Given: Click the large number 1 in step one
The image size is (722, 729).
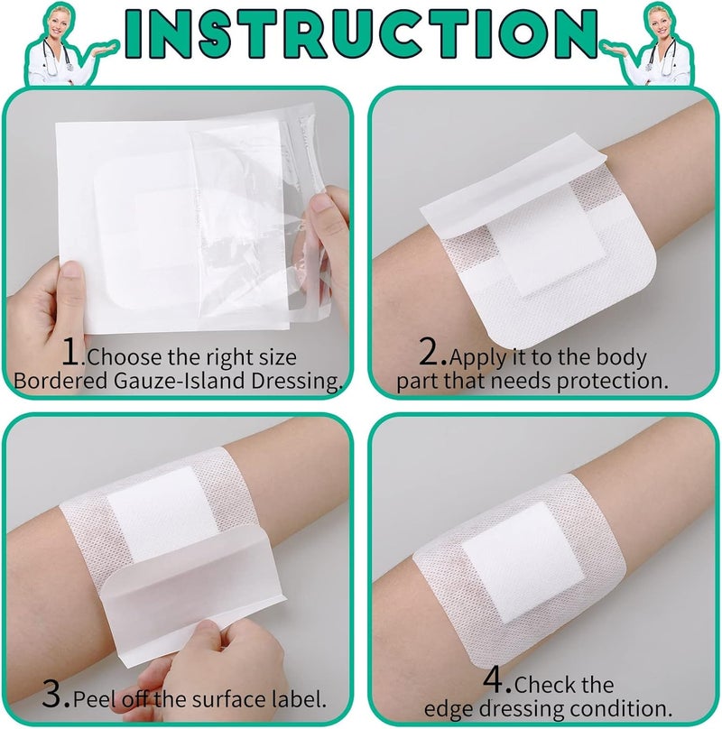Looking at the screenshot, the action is coord(72,351).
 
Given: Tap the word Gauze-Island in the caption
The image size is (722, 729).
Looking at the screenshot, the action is coord(179,381).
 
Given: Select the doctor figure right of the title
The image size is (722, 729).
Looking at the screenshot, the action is coord(652,45).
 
